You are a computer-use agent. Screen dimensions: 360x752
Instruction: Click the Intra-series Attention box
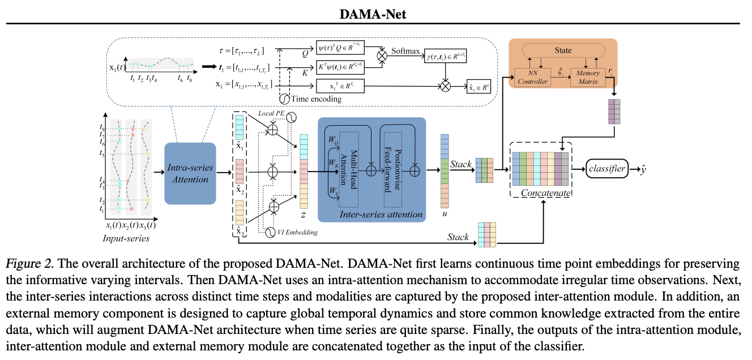pos(190,173)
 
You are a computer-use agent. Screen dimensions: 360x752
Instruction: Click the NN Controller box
pos(533,78)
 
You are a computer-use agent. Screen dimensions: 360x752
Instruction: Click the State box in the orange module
pos(563,50)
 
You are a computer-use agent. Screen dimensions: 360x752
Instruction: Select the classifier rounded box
pos(607,168)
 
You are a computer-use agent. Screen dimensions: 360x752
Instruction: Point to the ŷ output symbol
pos(644,168)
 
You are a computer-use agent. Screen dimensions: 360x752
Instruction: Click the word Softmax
pos(408,51)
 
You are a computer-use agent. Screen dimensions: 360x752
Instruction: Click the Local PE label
pos(271,114)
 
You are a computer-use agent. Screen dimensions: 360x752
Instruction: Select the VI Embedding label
pos(297,232)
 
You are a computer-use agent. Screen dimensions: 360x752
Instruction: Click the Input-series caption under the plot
pos(126,238)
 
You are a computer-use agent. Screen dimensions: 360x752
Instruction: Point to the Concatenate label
pos(544,193)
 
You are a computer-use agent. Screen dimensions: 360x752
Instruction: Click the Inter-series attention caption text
pos(381,214)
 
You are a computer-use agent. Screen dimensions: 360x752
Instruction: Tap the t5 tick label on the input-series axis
pos(102,153)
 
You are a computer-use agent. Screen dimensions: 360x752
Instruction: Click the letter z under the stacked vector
pos(304,216)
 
